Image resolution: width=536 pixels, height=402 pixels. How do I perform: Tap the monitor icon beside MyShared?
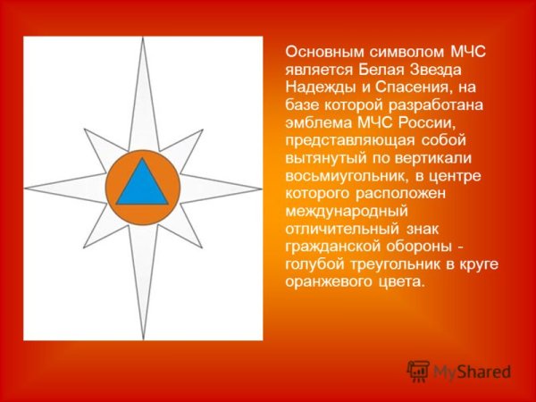click(417, 371)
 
